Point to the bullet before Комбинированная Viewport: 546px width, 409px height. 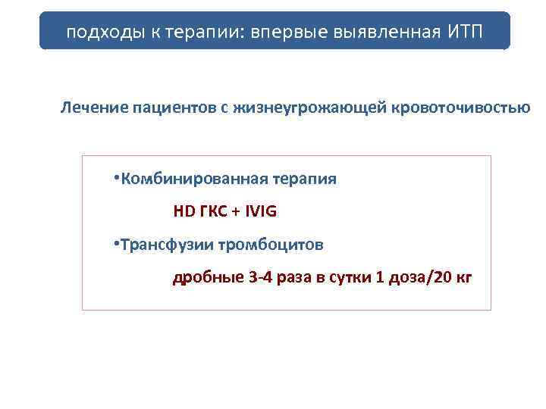tap(115, 179)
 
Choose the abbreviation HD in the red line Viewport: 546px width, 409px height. tap(184, 212)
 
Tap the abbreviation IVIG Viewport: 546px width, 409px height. tap(260, 212)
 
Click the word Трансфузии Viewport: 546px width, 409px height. tap(162, 245)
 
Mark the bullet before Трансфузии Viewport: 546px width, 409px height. tap(115, 244)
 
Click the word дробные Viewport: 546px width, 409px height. tap(207, 277)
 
